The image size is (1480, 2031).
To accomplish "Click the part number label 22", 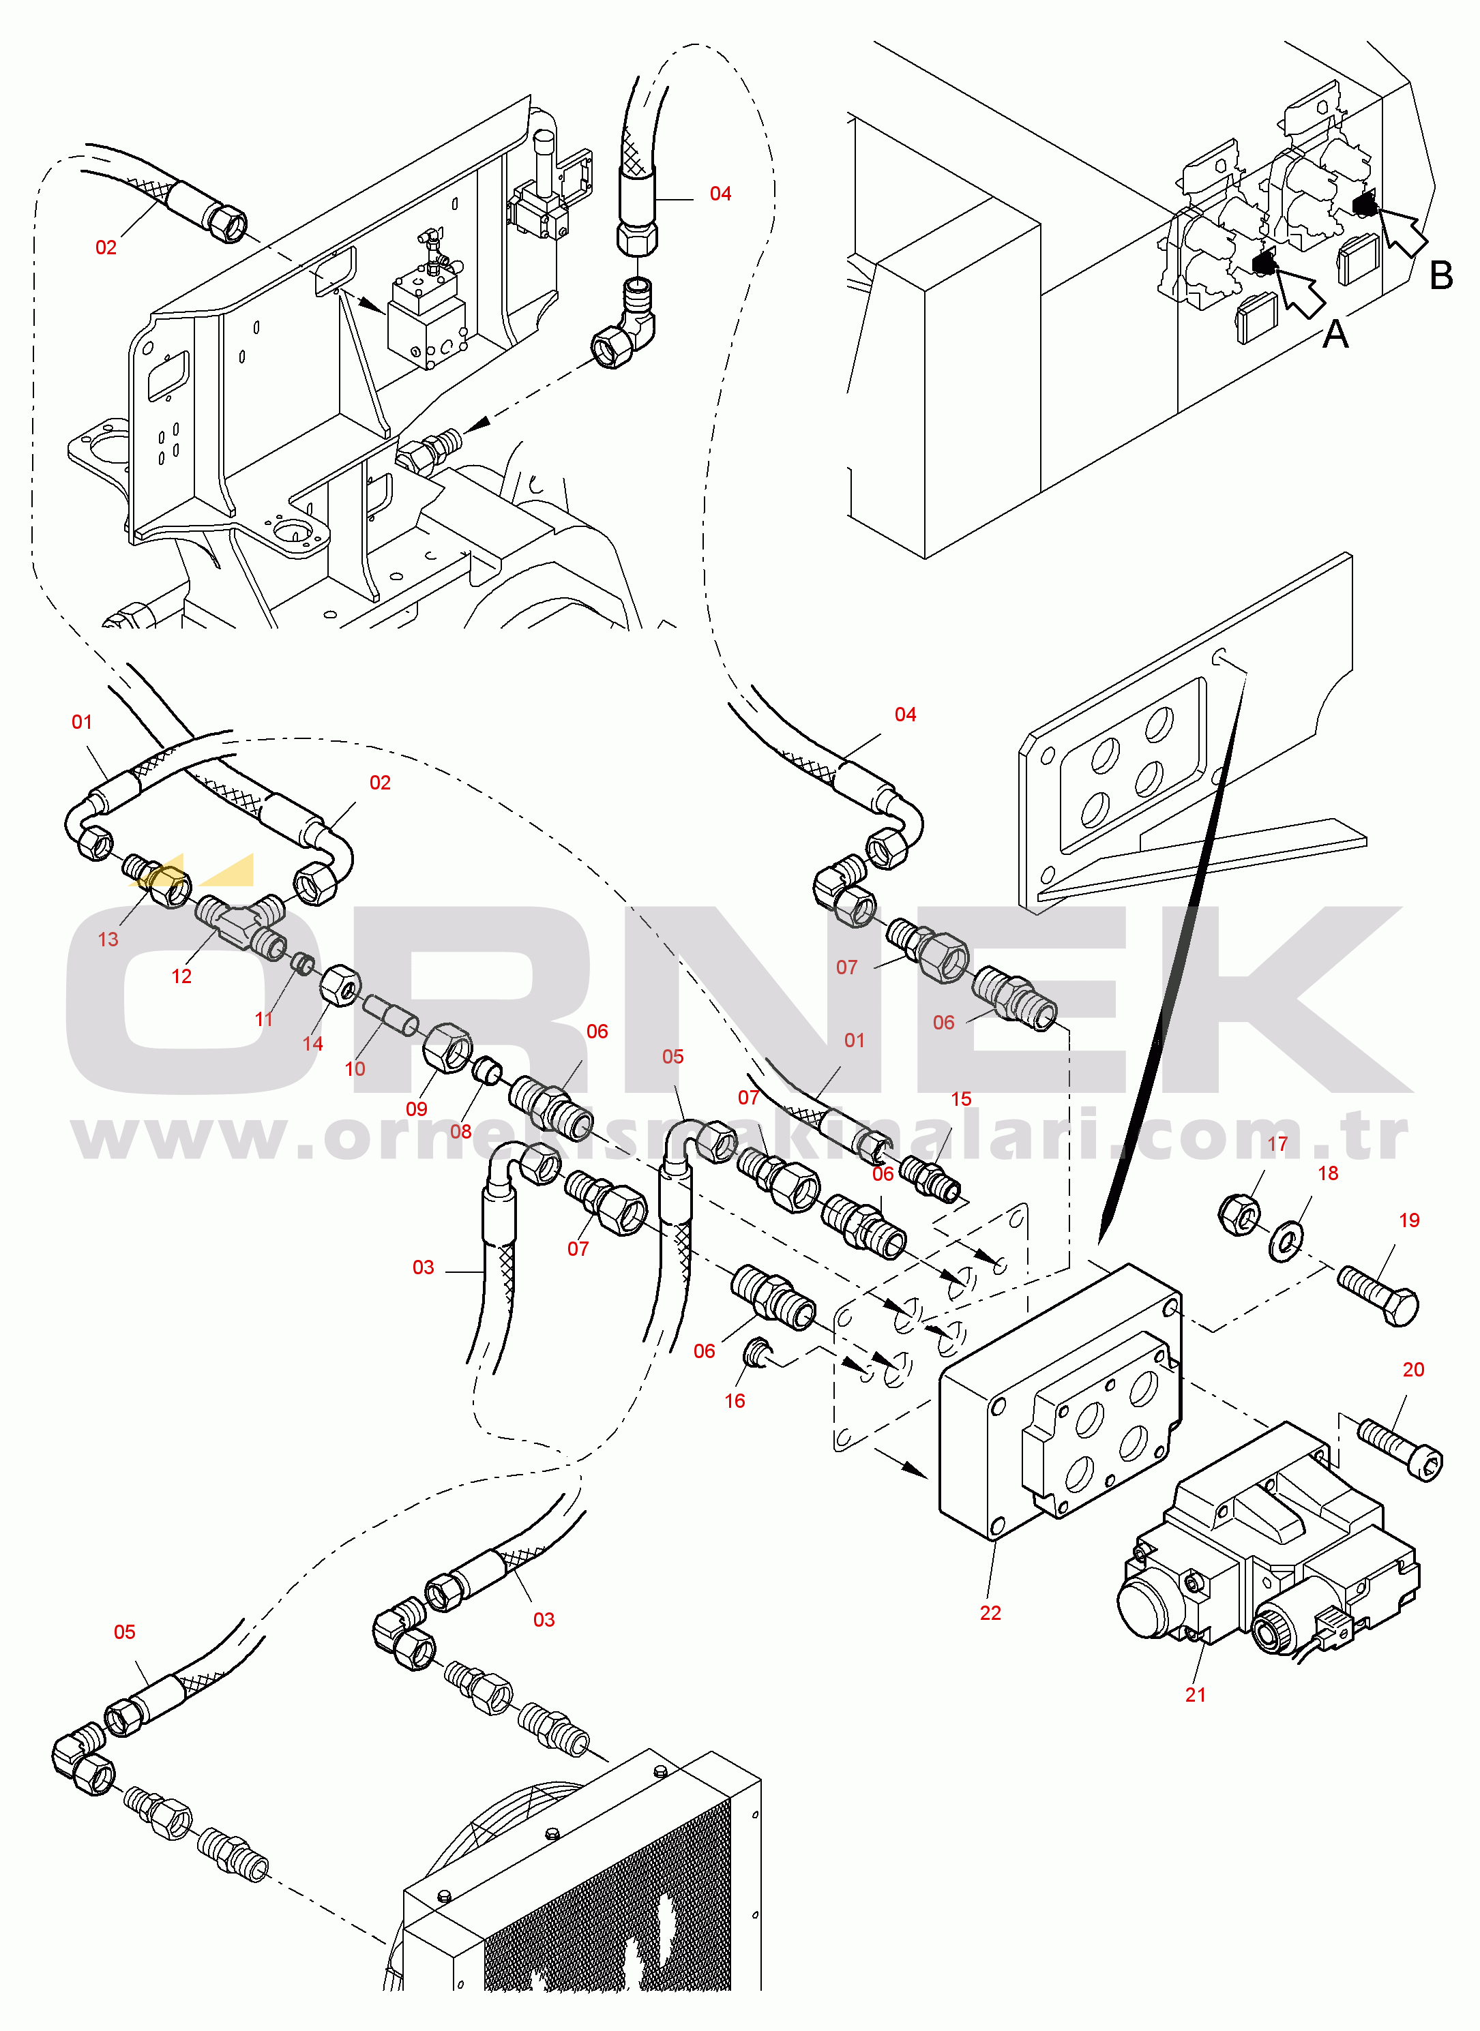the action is (990, 1613).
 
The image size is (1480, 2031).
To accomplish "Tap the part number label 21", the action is (1195, 1694).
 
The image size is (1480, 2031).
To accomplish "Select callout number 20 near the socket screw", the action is (1412, 1369).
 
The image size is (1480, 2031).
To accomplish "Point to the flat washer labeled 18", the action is (1286, 1241).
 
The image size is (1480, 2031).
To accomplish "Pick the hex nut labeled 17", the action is (1239, 1214).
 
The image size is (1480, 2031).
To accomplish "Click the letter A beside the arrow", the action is (1335, 334).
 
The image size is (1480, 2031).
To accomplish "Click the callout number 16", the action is (735, 1400).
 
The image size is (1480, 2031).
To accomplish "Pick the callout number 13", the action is (108, 939).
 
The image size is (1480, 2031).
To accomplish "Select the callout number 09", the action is (417, 1109).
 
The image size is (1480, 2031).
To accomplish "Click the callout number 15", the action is (960, 1099).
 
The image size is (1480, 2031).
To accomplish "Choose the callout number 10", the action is (355, 1068).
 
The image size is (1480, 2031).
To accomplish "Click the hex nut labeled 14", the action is (340, 986).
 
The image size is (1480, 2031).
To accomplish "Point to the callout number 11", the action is (263, 1019).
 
